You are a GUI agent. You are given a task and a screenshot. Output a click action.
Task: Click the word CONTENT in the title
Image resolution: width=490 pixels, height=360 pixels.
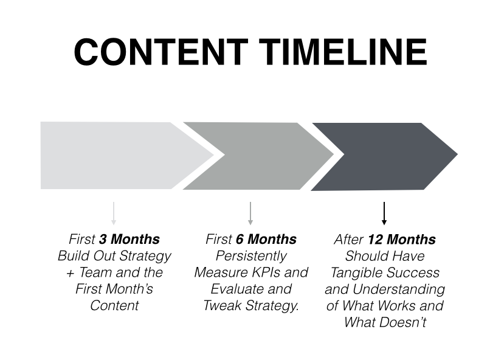[x=161, y=52]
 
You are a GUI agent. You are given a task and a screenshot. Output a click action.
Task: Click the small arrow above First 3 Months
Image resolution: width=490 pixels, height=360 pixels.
[x=114, y=213]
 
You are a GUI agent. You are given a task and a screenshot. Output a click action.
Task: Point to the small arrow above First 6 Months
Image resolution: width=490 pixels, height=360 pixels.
[x=250, y=213]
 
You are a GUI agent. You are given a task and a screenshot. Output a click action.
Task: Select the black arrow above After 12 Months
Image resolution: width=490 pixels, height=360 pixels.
[x=384, y=213]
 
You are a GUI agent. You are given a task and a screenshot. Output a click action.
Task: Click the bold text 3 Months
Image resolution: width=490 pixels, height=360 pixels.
[x=129, y=240]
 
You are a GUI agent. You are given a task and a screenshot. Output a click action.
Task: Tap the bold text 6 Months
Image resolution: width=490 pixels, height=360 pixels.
[x=266, y=240]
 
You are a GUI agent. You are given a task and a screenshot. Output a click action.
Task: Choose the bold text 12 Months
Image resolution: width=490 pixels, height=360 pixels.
[x=402, y=240]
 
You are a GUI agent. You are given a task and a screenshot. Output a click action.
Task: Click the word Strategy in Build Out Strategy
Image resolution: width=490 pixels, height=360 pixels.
[x=145, y=256]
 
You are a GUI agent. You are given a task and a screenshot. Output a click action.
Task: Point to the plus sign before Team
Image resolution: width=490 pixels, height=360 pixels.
[x=71, y=273]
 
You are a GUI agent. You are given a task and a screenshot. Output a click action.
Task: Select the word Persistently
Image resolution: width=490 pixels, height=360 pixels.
[x=251, y=256]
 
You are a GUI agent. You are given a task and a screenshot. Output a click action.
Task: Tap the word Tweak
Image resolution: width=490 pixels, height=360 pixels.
[x=223, y=305]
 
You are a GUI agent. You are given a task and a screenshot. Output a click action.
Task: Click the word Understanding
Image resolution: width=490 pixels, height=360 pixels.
[x=399, y=289]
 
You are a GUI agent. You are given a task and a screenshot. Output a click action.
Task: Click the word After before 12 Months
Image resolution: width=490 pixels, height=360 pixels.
[x=349, y=240]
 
